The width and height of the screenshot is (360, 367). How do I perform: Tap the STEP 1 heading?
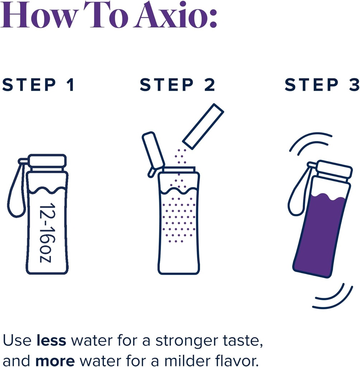tap(38, 85)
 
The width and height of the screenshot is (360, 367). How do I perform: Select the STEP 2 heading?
tap(177, 85)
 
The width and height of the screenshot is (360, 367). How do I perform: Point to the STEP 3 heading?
tap(322, 85)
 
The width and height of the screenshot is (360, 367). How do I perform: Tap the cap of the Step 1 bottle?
tap(47, 161)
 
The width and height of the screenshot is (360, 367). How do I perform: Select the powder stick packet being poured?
tap(203, 126)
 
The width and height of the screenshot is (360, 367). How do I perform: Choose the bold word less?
tap(51, 341)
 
